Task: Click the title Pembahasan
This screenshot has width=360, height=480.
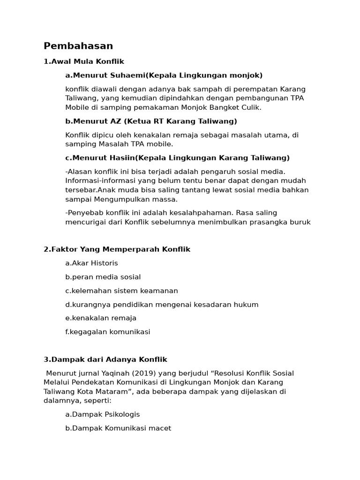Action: (78, 46)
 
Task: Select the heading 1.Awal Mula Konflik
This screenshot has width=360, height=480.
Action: (84, 61)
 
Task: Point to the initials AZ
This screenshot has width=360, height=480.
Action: (116, 121)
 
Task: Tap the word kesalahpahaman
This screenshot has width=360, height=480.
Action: (201, 213)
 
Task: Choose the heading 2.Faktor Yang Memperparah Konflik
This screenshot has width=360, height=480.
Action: (117, 249)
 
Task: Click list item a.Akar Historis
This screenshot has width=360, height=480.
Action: (91, 263)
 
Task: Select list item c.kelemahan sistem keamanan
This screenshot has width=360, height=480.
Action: (121, 291)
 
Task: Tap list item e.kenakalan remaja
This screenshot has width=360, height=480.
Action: (101, 318)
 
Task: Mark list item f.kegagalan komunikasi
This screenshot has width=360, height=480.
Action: (108, 332)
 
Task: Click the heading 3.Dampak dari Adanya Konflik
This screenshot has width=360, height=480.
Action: (105, 360)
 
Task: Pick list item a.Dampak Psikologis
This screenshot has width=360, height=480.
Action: (103, 414)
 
